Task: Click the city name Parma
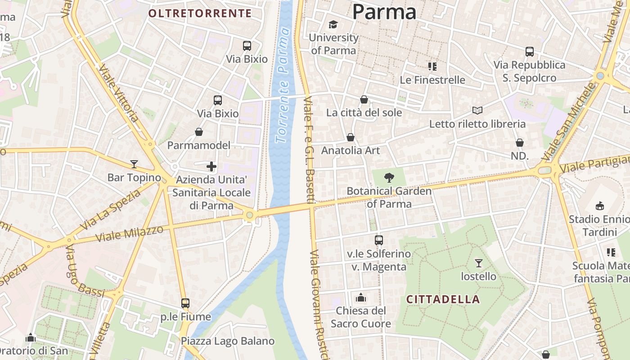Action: [384, 11]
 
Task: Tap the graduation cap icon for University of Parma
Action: [333, 24]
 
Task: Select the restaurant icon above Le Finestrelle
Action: [432, 67]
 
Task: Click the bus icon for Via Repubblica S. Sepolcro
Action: [529, 52]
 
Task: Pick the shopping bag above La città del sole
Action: [364, 99]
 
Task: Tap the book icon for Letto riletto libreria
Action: [477, 110]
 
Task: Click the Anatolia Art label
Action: [351, 150]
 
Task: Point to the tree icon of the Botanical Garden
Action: [389, 178]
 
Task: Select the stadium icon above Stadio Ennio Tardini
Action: [599, 206]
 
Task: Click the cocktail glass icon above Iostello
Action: [478, 263]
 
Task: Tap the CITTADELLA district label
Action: [443, 299]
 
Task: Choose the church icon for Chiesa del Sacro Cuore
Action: [360, 297]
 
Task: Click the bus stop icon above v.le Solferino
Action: [379, 240]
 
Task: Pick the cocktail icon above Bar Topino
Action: [134, 164]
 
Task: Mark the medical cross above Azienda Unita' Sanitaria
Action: [211, 166]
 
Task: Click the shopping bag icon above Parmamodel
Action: [199, 132]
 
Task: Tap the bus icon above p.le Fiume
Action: [185, 303]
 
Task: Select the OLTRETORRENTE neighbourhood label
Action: [200, 13]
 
